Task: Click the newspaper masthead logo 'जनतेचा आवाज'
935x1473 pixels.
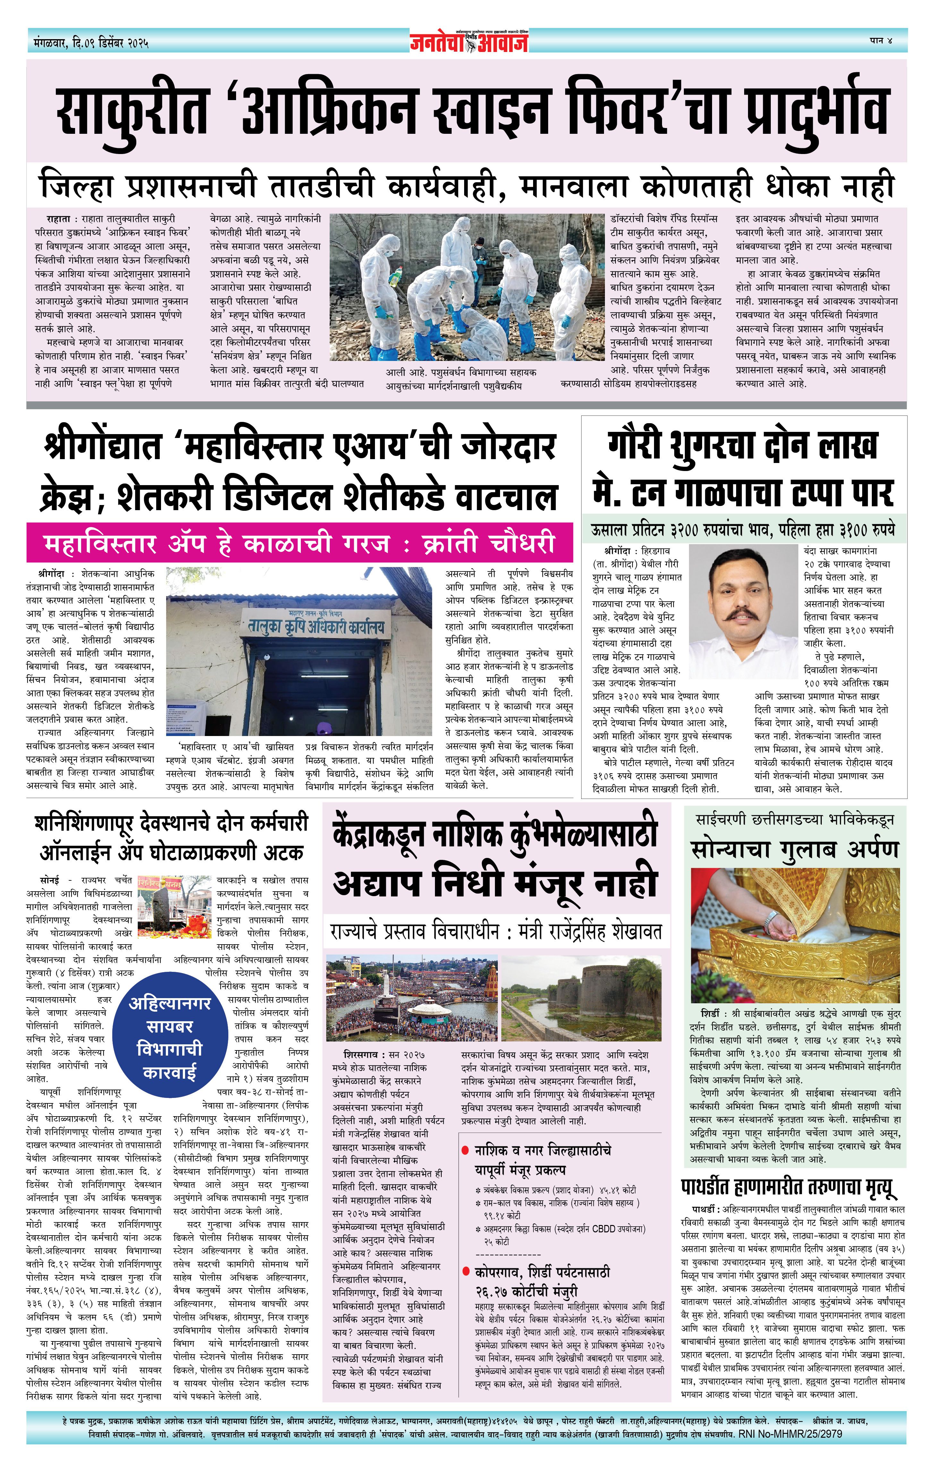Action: pos(468,42)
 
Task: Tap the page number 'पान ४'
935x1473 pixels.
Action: pos(880,40)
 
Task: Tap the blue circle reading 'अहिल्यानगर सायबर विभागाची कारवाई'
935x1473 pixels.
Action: pos(169,1038)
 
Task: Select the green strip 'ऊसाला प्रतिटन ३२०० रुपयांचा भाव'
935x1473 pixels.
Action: pos(743,530)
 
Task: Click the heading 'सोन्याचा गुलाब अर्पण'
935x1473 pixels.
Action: pos(795,850)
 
